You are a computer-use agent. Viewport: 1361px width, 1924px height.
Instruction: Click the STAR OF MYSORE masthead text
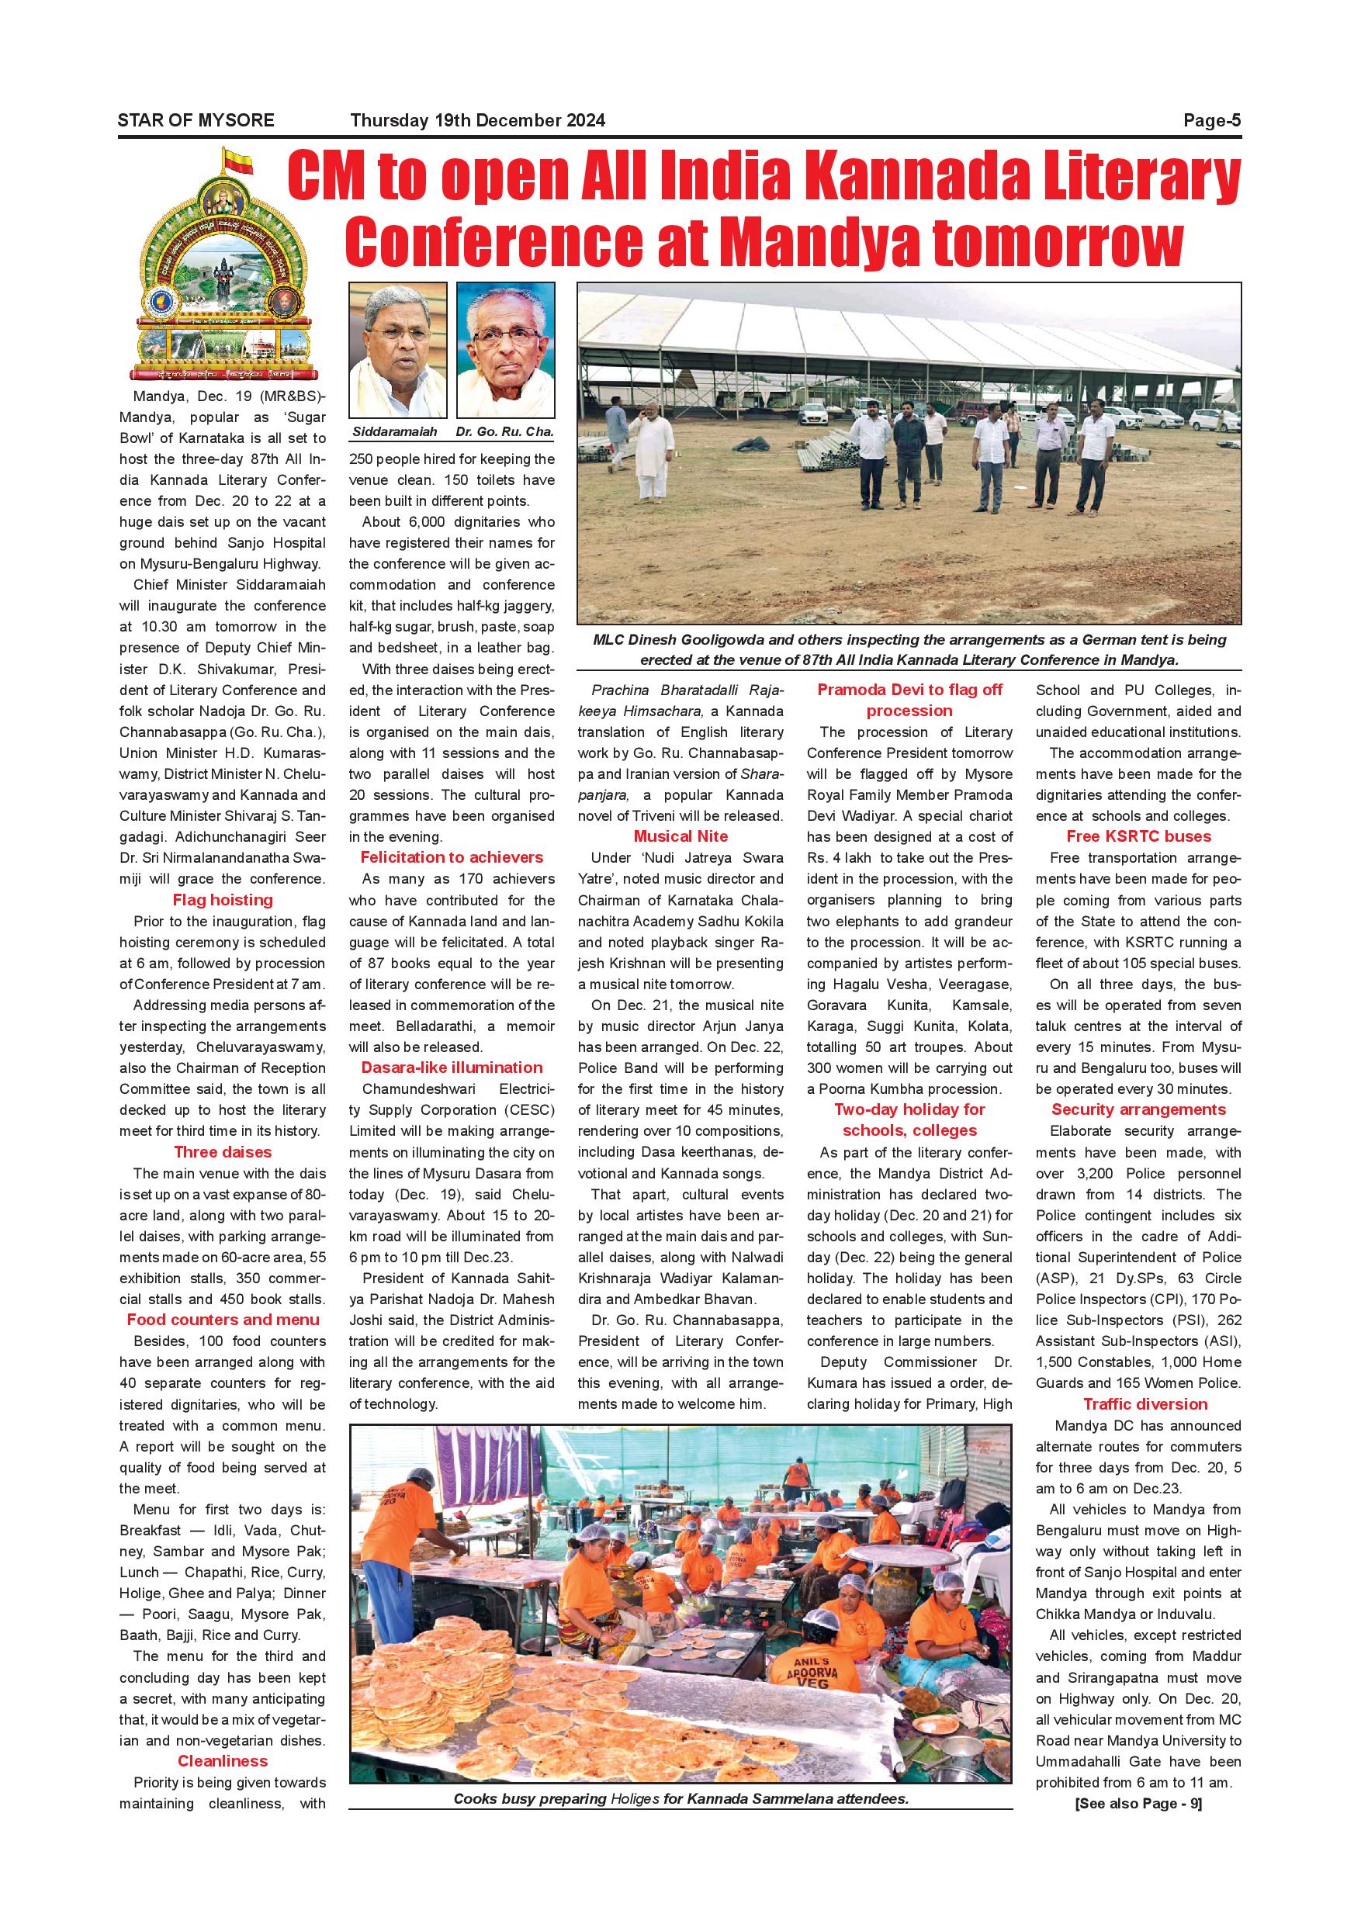(x=196, y=121)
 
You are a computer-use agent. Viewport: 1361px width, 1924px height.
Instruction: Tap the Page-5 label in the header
(x=1211, y=121)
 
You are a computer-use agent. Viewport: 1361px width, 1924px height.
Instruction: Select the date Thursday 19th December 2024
(x=478, y=121)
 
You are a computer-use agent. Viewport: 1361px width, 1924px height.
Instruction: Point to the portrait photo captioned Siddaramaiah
(x=397, y=349)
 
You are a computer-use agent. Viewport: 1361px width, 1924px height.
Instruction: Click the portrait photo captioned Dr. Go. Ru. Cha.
(x=505, y=349)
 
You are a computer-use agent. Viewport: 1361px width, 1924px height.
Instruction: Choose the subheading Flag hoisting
(x=222, y=900)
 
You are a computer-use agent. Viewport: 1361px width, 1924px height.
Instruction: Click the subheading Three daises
(x=222, y=1152)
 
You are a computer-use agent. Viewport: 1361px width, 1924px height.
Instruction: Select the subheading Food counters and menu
(x=222, y=1320)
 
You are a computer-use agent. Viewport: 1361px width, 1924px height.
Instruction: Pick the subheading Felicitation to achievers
(x=452, y=857)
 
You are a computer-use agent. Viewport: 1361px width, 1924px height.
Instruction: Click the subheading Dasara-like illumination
(x=452, y=1068)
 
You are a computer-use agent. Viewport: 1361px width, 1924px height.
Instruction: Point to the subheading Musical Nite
(x=680, y=836)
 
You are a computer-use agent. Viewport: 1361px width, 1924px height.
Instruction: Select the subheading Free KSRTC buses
(x=1138, y=836)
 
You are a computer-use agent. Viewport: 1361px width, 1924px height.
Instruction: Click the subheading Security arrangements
(x=1138, y=1109)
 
